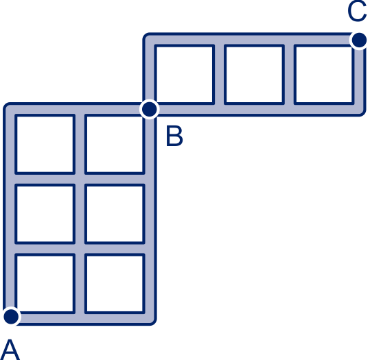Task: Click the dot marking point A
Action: coord(11,316)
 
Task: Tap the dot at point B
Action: coord(150,110)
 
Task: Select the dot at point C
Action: coord(359,40)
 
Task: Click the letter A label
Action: coord(10,350)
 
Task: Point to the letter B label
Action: coord(174,136)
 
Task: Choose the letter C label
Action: coord(357,11)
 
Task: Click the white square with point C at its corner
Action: coord(324,74)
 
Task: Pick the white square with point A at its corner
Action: coord(45,284)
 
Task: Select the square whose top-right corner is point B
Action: coord(115,144)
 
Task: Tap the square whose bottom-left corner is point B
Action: coord(185,74)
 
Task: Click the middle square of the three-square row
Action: coord(255,74)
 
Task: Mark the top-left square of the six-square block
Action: coord(45,144)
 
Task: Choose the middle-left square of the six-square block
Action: coord(45,214)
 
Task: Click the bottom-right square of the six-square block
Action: coord(115,284)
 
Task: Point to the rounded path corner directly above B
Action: coord(150,40)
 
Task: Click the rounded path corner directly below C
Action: coord(360,110)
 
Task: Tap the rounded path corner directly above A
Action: coord(10,110)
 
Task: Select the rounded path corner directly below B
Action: coord(150,318)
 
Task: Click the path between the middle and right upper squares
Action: coord(289,74)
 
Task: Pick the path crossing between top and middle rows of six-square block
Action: coord(80,179)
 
